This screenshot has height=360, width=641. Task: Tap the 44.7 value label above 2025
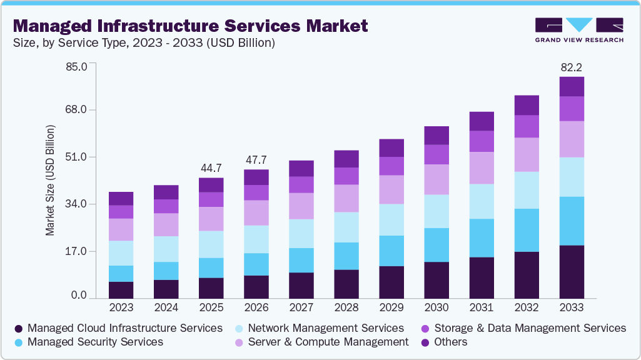(x=211, y=167)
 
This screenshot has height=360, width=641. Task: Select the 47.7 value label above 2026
(x=256, y=159)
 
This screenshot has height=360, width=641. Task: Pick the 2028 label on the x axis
(x=346, y=307)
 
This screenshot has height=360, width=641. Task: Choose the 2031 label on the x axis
(x=482, y=307)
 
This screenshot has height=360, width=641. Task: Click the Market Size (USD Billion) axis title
(x=49, y=180)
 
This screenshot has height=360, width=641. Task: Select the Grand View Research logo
(x=578, y=29)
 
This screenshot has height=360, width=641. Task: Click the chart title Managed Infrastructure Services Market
(x=190, y=26)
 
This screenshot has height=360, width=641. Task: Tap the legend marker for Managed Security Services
(x=19, y=342)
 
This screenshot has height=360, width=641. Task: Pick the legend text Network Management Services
(x=326, y=328)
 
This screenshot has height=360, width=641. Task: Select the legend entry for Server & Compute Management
(x=328, y=342)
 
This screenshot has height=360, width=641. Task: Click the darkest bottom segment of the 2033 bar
(x=572, y=272)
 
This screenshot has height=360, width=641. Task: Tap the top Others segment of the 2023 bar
(x=121, y=198)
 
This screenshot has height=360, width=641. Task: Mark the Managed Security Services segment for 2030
(x=437, y=245)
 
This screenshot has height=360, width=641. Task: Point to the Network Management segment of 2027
(x=301, y=234)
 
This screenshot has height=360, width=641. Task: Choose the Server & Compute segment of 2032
(x=527, y=154)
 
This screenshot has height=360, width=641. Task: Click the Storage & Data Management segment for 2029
(x=391, y=166)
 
